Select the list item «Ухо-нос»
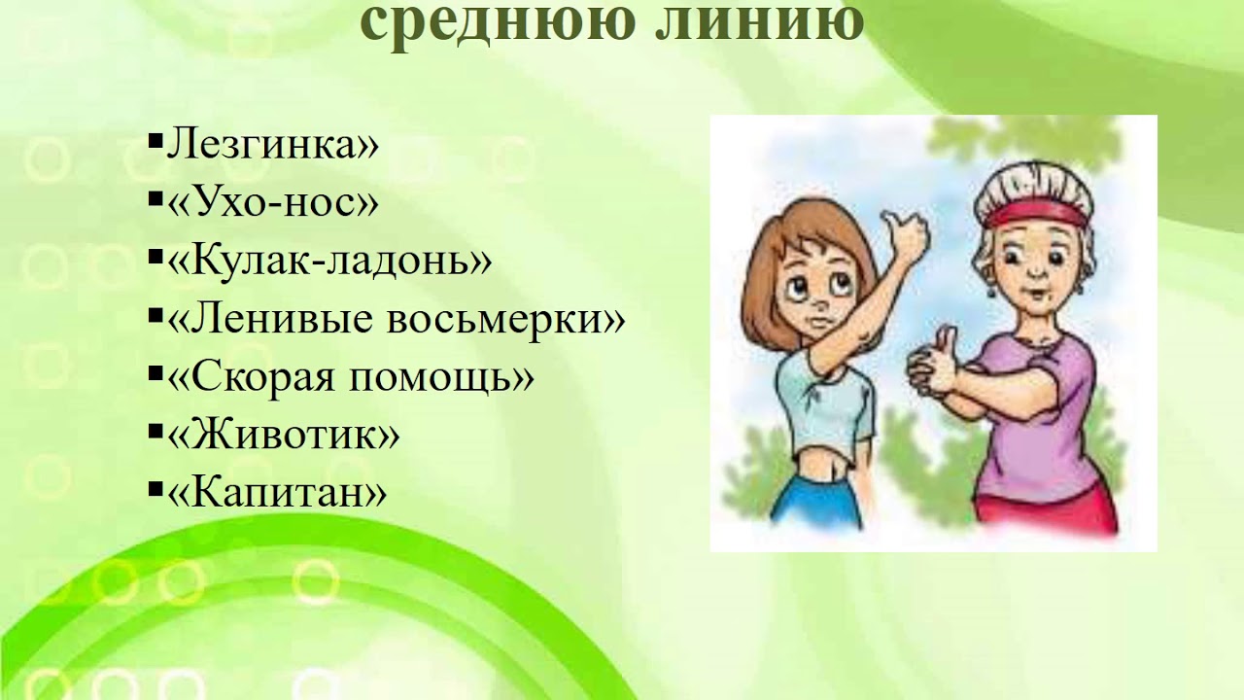273,203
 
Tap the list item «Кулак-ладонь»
329,261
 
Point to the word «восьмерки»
505,319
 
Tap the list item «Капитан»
278,493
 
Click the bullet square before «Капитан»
155,491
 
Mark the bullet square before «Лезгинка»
155,144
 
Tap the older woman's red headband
1036,213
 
